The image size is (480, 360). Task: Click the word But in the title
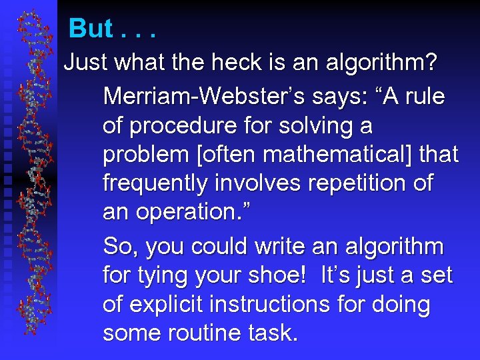pos(91,28)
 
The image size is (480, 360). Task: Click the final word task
pos(273,332)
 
